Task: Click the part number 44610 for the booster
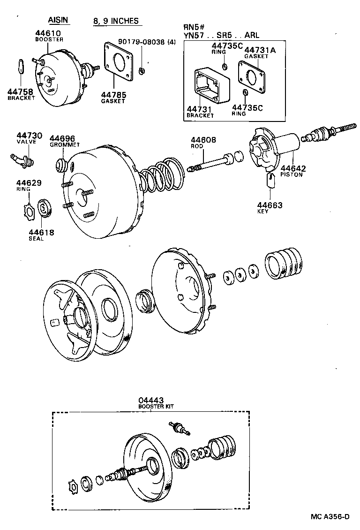pyautogui.click(x=48, y=33)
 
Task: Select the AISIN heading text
pyautogui.click(x=58, y=20)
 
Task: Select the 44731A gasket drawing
pyautogui.click(x=253, y=75)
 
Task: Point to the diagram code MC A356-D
pyautogui.click(x=330, y=517)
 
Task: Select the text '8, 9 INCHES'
pyautogui.click(x=116, y=21)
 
